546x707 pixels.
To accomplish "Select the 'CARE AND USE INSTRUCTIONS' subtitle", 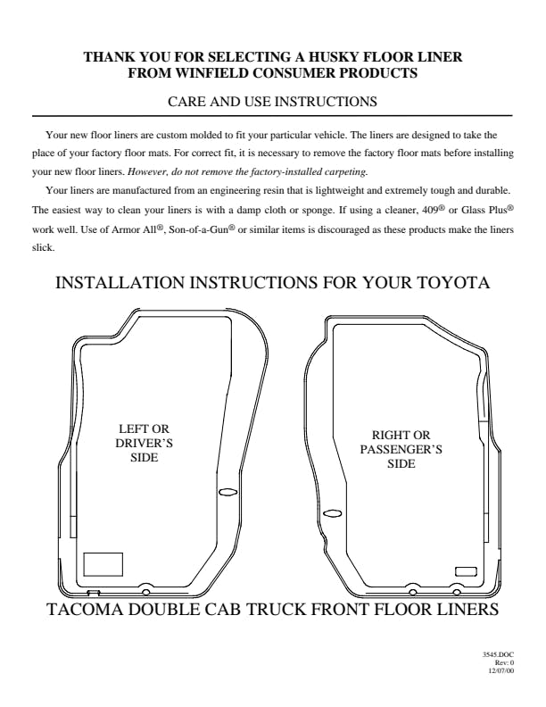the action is pos(272,101).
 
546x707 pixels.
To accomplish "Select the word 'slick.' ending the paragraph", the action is pos(43,248).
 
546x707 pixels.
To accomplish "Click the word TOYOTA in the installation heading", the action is pos(454,283).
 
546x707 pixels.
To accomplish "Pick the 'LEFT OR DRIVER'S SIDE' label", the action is pos(145,443).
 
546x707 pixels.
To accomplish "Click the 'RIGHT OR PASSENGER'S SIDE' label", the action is pos(401,449).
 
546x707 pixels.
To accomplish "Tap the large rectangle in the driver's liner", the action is pos(103,564).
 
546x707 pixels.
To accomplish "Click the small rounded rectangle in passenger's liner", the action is pos(466,571).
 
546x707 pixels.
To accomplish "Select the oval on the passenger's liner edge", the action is pos(333,513).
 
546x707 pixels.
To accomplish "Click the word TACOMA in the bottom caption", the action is pos(85,609).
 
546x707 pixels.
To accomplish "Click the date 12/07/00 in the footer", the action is pos(501,670).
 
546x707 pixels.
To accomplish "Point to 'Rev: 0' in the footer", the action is pos(504,662).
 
